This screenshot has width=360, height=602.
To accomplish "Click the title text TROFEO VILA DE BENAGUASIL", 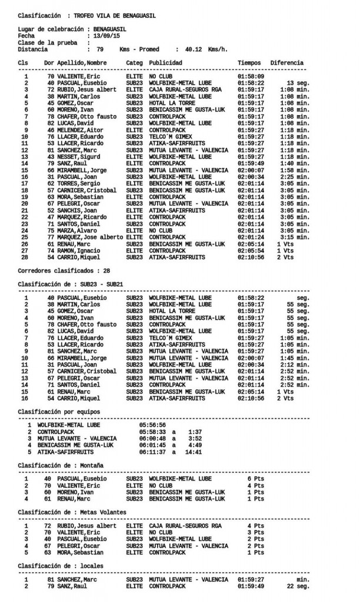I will click(x=115, y=16).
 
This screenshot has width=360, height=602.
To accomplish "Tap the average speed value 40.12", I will click(x=194, y=49).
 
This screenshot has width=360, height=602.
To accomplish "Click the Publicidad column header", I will click(x=166, y=63).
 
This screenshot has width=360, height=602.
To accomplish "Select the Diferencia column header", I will click(x=286, y=63).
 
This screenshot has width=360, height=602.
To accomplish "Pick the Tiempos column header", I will click(x=249, y=63).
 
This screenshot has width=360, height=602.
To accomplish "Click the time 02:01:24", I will click(x=251, y=237).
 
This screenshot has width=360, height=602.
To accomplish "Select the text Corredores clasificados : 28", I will click(x=64, y=270).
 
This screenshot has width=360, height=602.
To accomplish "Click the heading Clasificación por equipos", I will click(x=59, y=412).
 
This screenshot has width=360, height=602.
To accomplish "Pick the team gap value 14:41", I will click(x=194, y=452).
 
